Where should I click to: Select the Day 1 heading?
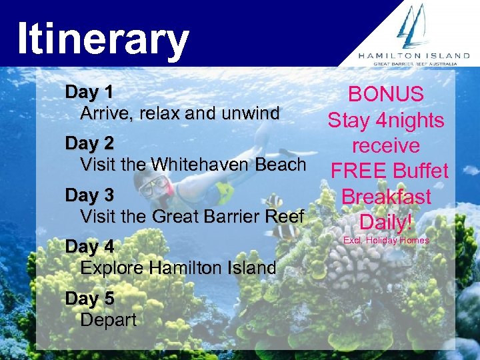[x=89, y=92]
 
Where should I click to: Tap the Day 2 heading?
[x=89, y=143]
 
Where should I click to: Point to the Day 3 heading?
[x=89, y=195]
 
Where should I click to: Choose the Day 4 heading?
[x=89, y=247]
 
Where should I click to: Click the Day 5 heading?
[x=89, y=299]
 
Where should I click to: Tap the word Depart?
[x=108, y=320]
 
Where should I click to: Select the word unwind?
[x=250, y=114]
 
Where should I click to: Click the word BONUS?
[x=386, y=94]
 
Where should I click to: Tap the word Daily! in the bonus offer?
[x=386, y=222]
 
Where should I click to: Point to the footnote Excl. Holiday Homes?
[x=386, y=240]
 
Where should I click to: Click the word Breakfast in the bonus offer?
[x=386, y=197]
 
